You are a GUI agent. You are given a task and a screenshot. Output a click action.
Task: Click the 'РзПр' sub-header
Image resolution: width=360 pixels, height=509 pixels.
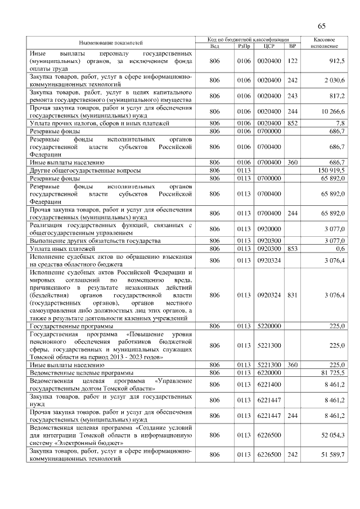[x=244, y=46]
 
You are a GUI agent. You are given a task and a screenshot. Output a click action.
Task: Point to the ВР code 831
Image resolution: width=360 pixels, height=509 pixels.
[x=292, y=295]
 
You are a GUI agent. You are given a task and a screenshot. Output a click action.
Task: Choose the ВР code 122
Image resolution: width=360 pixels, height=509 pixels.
[x=292, y=60]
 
